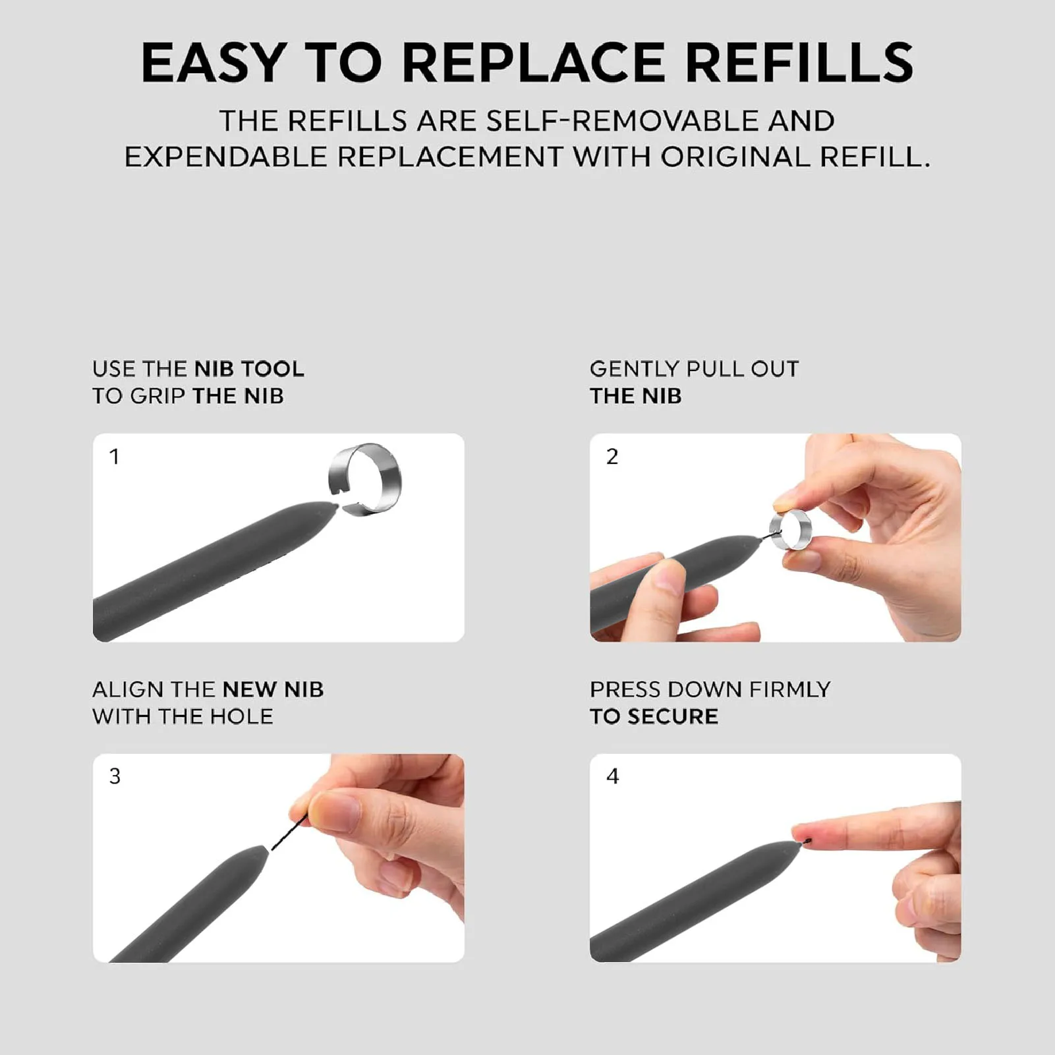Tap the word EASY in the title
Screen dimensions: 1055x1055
pos(213,63)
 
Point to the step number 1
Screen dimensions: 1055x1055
pos(115,457)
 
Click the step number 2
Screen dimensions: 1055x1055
pos(612,457)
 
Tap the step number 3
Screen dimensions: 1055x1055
pos(115,776)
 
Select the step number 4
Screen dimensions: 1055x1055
pos(612,776)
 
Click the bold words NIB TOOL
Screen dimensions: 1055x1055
pos(249,369)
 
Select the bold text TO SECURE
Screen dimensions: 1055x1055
pos(654,716)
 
